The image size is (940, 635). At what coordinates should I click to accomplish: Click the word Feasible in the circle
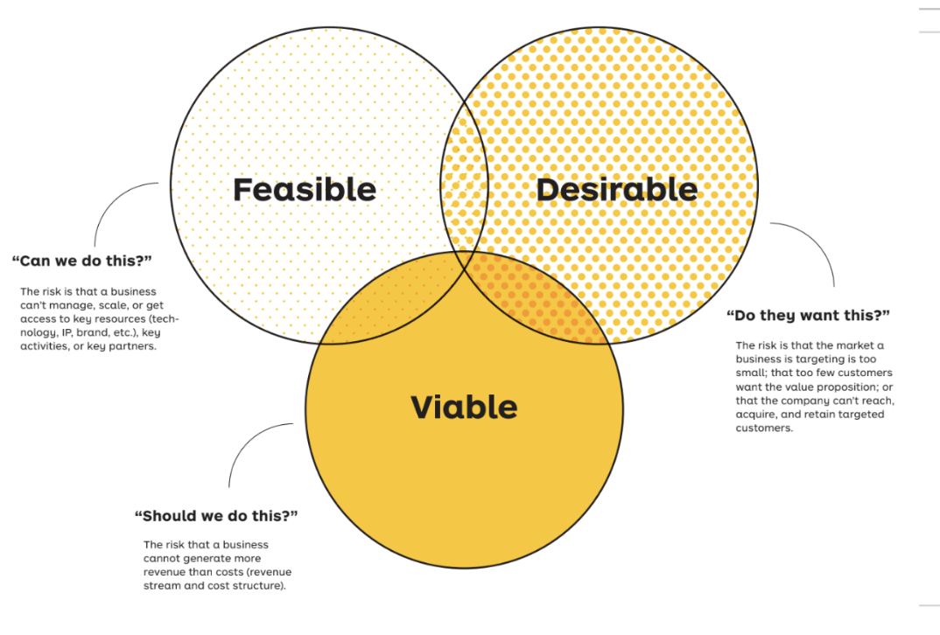tap(304, 189)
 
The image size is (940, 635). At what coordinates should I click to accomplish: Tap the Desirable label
tap(616, 189)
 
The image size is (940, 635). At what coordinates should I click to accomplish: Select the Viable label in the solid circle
tap(464, 407)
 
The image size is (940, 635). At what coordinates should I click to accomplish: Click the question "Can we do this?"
tap(82, 261)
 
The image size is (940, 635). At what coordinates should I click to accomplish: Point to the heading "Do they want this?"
tap(808, 315)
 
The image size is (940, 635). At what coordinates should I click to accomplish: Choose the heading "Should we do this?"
tap(216, 515)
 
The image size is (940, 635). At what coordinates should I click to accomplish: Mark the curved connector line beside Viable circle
tap(246, 446)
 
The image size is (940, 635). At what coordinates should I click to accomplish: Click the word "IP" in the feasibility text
tap(67, 333)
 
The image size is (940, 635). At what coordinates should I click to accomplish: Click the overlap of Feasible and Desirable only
tap(465, 175)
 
